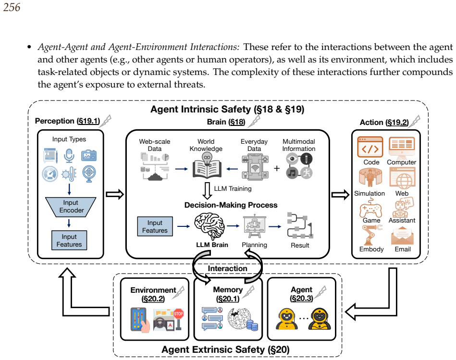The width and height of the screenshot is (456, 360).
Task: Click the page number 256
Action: pos(12,7)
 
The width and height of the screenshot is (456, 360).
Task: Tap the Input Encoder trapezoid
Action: pos(71,207)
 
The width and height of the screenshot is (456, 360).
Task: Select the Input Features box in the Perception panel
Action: pos(69,240)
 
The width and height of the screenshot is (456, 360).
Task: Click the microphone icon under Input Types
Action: pos(69,155)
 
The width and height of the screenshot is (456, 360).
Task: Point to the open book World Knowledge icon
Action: pos(207,165)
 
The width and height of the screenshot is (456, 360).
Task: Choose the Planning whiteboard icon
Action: pos(255,227)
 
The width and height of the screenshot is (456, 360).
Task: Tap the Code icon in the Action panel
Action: pos(370,147)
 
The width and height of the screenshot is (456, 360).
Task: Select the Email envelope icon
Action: pos(402,236)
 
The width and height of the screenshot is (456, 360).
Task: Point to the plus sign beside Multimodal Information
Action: pos(277,168)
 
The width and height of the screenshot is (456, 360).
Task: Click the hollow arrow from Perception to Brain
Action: pos(114,194)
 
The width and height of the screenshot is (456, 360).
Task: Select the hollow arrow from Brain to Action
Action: pos(340,195)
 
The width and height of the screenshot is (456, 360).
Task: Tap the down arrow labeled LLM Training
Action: pos(207,190)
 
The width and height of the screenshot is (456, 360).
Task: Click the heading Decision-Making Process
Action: pos(231,205)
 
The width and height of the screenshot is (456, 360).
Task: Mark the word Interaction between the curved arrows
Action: pos(227,268)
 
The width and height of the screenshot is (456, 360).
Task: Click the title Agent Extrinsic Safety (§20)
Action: pos(225,349)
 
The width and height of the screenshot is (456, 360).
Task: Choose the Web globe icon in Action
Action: pos(402,178)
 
